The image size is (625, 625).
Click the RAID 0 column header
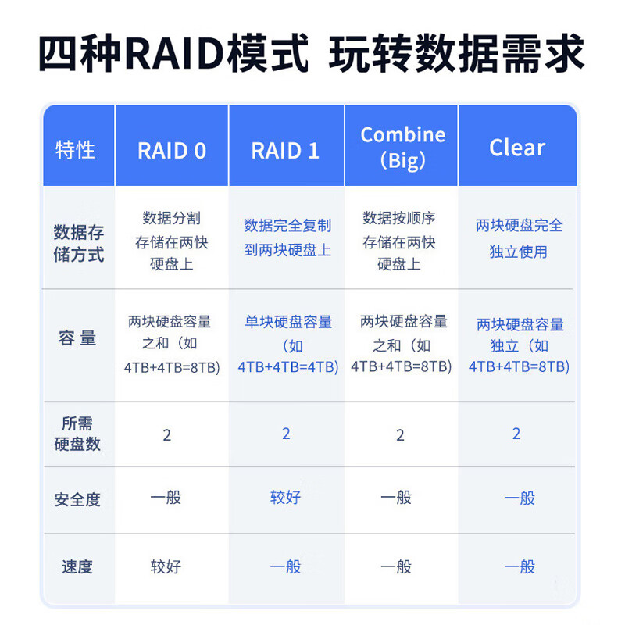click(x=172, y=151)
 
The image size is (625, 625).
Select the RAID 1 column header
click(x=285, y=151)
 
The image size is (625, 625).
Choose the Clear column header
click(x=517, y=148)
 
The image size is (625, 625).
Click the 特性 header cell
click(x=75, y=150)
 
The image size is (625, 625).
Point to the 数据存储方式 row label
click(x=79, y=243)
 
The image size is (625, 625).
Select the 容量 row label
click(x=77, y=338)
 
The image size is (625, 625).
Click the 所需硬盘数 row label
click(x=77, y=434)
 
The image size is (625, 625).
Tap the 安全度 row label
click(x=77, y=499)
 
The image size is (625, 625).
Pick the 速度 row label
click(x=77, y=566)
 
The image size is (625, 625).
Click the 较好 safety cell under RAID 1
click(x=285, y=498)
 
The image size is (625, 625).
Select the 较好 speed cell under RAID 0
click(x=166, y=566)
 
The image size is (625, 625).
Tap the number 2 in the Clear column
click(x=516, y=434)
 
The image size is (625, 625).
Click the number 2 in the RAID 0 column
click(x=167, y=435)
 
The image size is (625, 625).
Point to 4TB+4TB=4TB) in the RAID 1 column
click(x=288, y=366)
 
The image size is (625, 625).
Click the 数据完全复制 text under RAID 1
click(x=287, y=226)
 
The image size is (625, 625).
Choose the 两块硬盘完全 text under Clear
click(x=520, y=226)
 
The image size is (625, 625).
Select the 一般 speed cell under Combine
click(x=396, y=566)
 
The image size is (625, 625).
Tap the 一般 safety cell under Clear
click(x=520, y=498)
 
